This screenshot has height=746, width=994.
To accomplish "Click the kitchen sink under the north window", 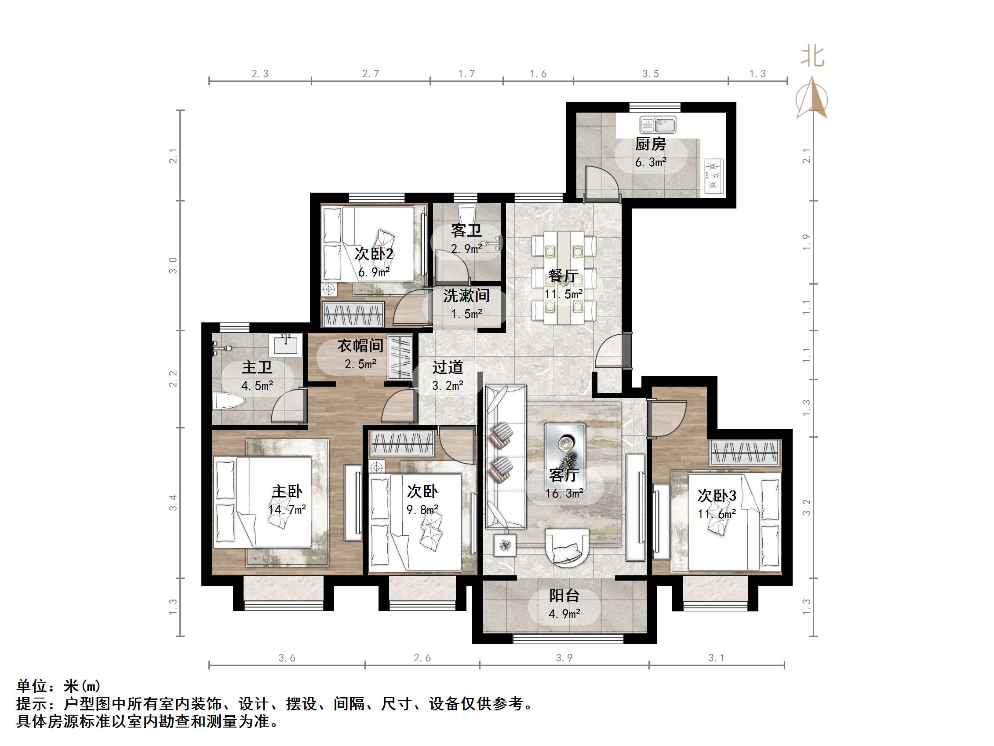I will point(658,125).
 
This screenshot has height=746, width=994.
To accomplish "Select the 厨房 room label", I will point(650,144).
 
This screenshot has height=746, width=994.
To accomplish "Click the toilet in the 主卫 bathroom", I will point(228,402).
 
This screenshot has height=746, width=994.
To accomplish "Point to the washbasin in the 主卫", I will point(286,344).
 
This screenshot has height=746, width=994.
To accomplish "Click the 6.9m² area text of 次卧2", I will point(373,272).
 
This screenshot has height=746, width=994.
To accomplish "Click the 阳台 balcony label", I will point(564,596).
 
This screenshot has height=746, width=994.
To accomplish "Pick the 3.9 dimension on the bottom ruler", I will point(564,658).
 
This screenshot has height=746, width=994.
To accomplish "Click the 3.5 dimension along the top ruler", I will point(650,74).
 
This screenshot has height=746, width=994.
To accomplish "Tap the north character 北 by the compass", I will point(812,57).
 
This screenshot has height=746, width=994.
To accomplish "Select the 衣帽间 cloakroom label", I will point(360,346).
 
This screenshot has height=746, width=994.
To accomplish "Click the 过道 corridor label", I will point(448,367).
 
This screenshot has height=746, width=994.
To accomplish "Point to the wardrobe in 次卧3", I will point(745,452).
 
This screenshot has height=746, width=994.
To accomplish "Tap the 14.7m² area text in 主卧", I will point(287,509).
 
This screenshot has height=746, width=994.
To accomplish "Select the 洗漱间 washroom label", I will point(466,296).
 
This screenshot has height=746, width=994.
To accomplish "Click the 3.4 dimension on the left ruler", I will point(173,502).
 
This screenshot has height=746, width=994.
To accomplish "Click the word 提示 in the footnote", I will point(32,704).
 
